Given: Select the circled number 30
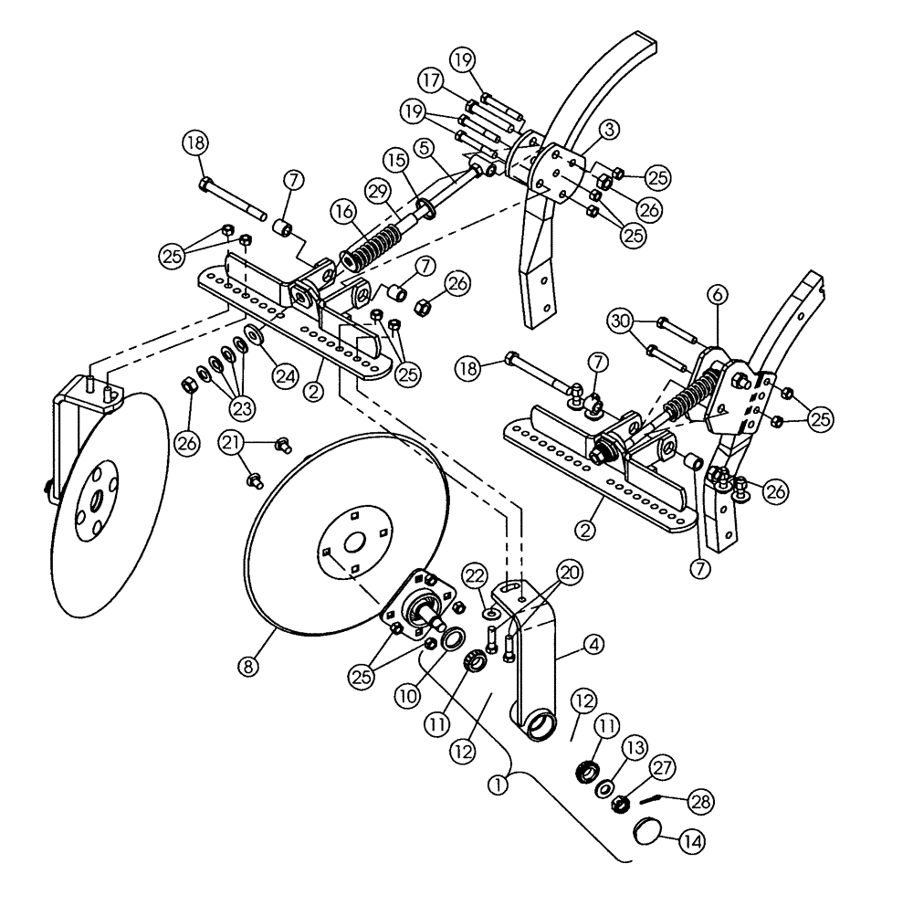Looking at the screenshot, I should pyautogui.click(x=621, y=321).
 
